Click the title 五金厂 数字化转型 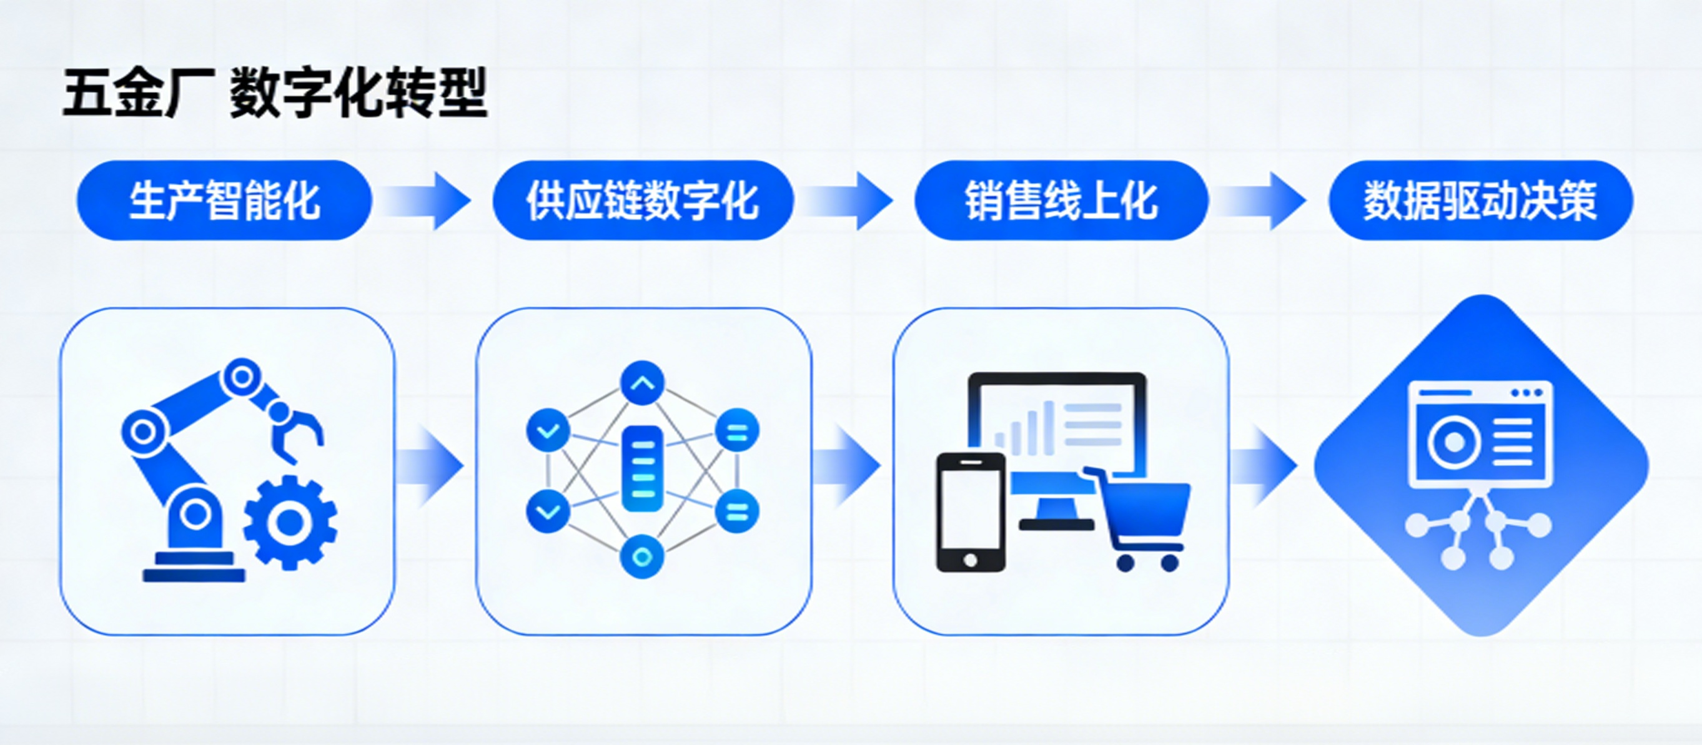(275, 93)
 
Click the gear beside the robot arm (290, 522)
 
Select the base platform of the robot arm (194, 568)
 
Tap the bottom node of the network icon (642, 557)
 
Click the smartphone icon (971, 512)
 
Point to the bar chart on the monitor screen (1024, 429)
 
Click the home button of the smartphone (971, 560)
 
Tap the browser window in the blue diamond (1480, 434)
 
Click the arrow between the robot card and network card (433, 466)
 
